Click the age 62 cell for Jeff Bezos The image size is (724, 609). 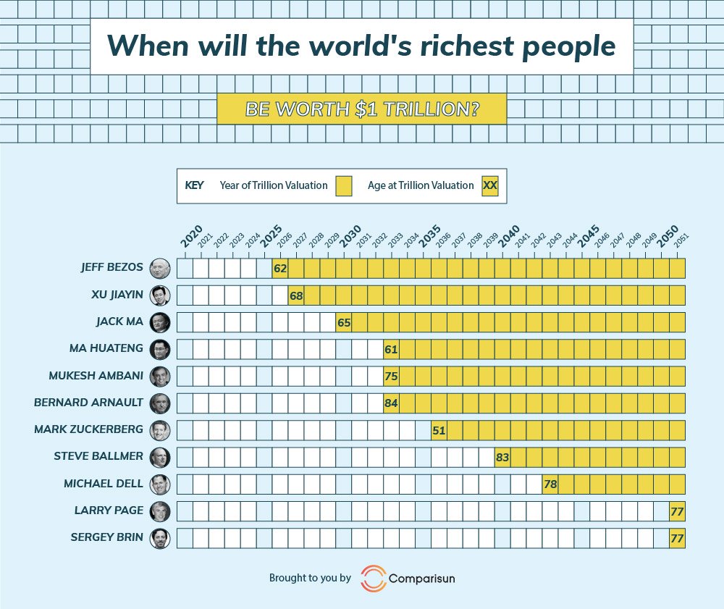[280, 268]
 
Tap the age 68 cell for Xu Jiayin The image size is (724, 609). [296, 295]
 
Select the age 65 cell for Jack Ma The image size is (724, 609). [344, 322]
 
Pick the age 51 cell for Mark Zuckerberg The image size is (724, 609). [439, 429]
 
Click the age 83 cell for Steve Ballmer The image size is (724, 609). [502, 457]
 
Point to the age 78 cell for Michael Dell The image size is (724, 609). [550, 484]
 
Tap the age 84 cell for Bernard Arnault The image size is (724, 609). [391, 403]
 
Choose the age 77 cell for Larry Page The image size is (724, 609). [677, 511]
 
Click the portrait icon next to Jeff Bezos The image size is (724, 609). [159, 269]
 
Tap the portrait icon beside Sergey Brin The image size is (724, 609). [159, 538]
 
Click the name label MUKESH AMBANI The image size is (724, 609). [96, 375]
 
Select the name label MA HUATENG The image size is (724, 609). [106, 348]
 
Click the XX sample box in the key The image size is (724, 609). [490, 185]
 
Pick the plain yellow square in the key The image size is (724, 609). [343, 185]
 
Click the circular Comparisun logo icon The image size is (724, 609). [373, 578]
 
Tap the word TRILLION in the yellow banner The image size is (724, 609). [424, 109]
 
